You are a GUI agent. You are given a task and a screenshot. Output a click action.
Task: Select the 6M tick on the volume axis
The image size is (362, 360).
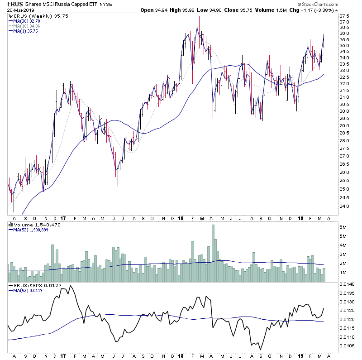tap(343, 227)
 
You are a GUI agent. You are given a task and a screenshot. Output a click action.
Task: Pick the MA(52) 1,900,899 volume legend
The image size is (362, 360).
tap(30, 230)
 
